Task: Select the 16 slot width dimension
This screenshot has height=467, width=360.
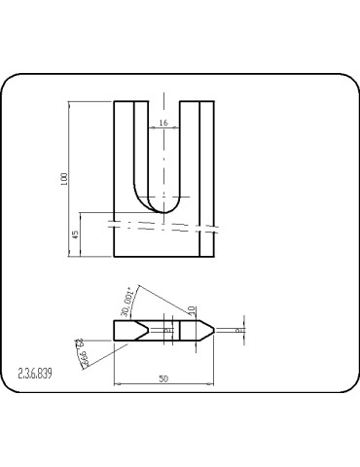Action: pos(162,124)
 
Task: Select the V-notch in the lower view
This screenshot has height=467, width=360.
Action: pos(146,330)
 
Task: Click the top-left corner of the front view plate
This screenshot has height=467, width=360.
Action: pos(115,101)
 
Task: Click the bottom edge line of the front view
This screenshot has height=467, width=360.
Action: pos(163,256)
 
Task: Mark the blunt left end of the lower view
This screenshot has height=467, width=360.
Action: pos(116,330)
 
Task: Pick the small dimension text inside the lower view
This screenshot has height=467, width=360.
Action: pos(170,330)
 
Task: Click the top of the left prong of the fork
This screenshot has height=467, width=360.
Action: pos(131,101)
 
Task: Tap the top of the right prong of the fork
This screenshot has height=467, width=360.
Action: pos(196,101)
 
